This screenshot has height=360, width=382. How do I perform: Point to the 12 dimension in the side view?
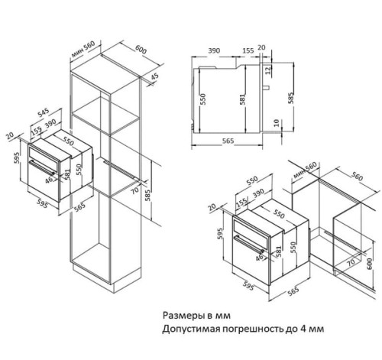pyautogui.click(x=269, y=71)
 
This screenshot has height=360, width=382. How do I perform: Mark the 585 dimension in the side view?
pyautogui.click(x=290, y=97)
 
